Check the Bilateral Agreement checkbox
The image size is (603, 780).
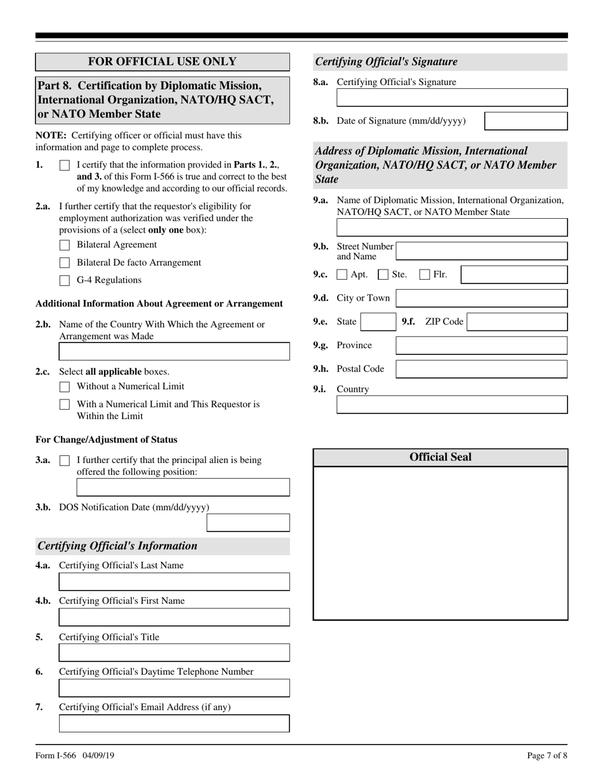click(x=65, y=245)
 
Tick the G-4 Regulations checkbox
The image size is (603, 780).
click(x=65, y=280)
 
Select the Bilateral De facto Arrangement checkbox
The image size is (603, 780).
click(x=65, y=263)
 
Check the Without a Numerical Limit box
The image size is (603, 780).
click(x=65, y=386)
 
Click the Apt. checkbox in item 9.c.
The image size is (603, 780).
click(x=342, y=275)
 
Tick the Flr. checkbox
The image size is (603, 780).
click(x=425, y=275)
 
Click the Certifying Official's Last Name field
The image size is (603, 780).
click(x=174, y=582)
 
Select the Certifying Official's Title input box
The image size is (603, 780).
click(x=174, y=653)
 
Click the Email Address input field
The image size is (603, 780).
click(x=174, y=724)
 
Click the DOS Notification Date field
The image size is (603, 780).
click(x=248, y=523)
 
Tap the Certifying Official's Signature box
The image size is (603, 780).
click(x=451, y=97)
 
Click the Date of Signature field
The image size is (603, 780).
click(x=526, y=121)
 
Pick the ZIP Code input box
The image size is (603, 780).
click(x=517, y=322)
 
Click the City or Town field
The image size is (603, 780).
click(x=481, y=298)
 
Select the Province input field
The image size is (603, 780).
click(x=481, y=346)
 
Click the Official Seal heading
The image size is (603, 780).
click(x=441, y=457)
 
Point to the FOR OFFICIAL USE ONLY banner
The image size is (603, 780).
click(x=162, y=62)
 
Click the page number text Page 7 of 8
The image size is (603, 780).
click(x=547, y=755)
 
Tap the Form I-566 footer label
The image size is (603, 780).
click(x=55, y=755)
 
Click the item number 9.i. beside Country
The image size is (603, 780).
click(x=320, y=389)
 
